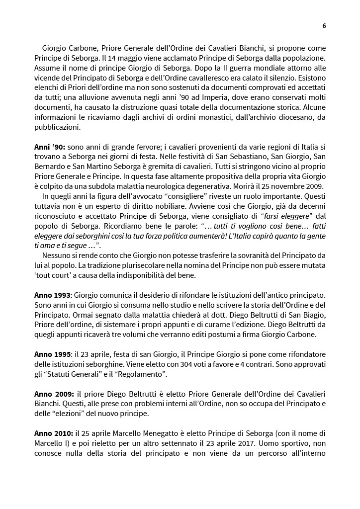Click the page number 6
pos(324,26)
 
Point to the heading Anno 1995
pos(53,354)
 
